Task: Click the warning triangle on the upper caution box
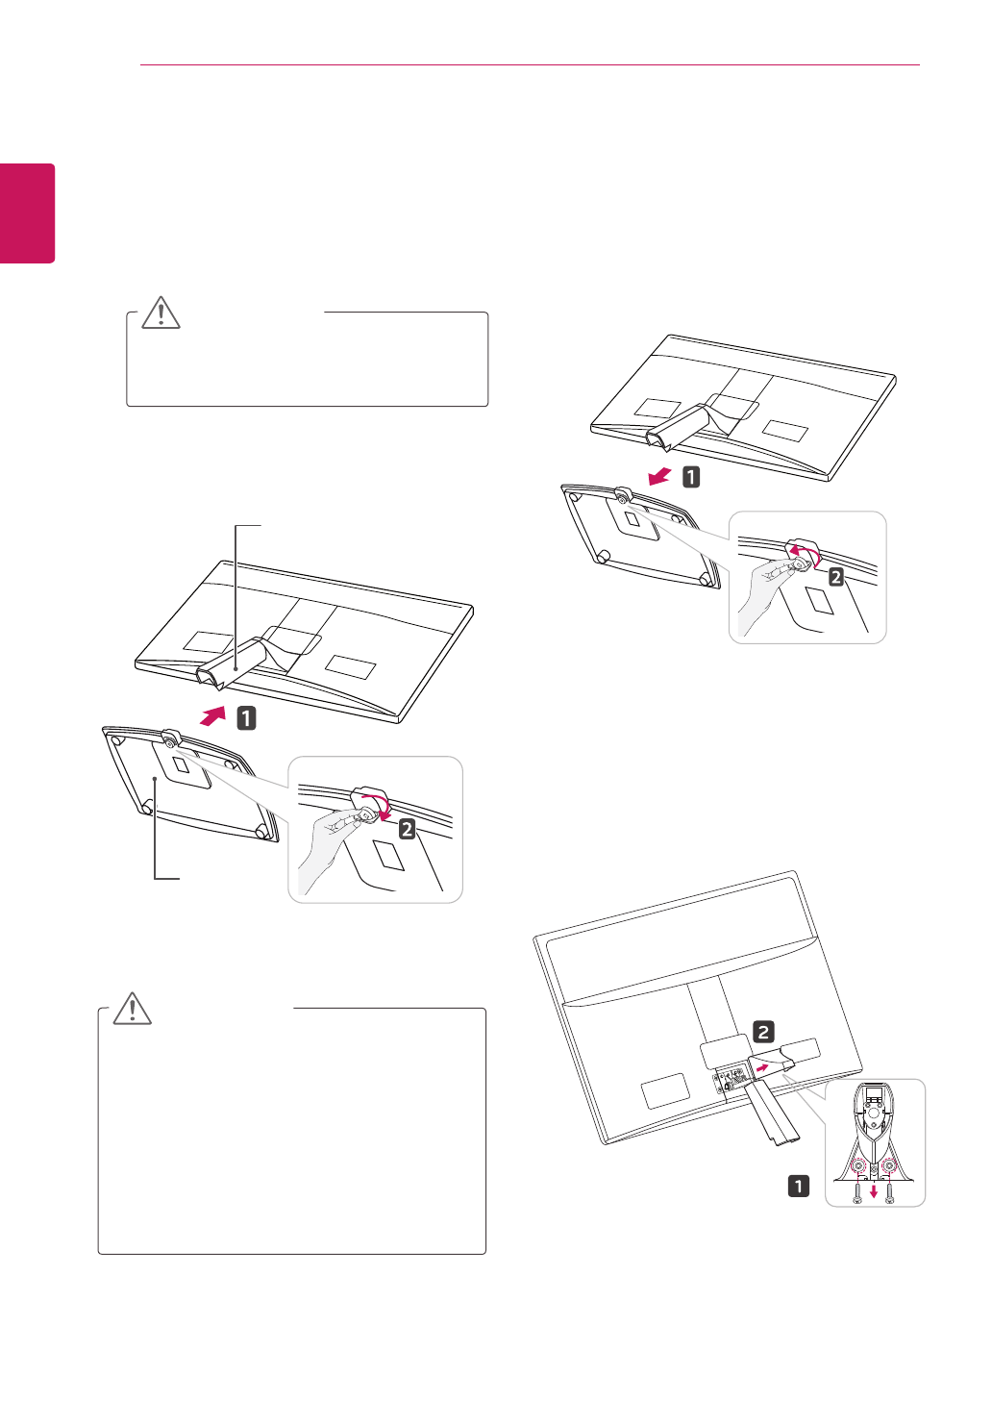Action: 161,313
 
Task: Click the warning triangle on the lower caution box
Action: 133,1008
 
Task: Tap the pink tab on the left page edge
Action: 27,213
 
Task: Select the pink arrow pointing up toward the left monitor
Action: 213,716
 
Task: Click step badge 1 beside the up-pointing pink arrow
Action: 247,717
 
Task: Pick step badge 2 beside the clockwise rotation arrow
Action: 408,828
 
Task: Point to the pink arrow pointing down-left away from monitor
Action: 660,476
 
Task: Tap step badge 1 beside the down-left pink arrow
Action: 691,476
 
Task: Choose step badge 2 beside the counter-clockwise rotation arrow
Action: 836,577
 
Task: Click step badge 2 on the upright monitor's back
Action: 763,1033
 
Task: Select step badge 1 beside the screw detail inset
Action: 799,1186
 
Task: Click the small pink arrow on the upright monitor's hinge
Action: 760,1066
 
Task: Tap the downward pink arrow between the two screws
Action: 873,1191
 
